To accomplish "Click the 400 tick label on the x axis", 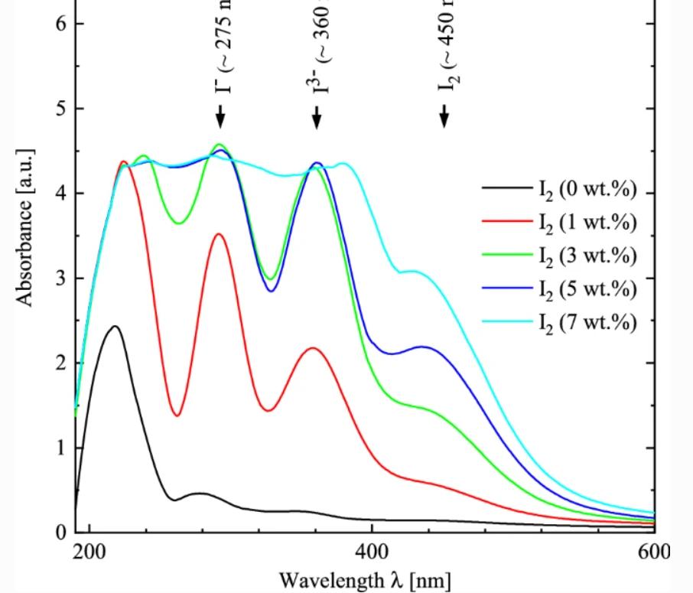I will tap(371, 552).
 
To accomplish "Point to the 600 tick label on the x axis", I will tap(652, 552).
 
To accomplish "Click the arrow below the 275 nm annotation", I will tap(220, 116).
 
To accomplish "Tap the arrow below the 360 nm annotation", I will tap(317, 116).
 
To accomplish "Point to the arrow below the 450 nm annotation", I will tap(444, 116).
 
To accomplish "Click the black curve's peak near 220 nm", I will tap(115, 327).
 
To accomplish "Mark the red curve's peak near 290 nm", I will tap(220, 234).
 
